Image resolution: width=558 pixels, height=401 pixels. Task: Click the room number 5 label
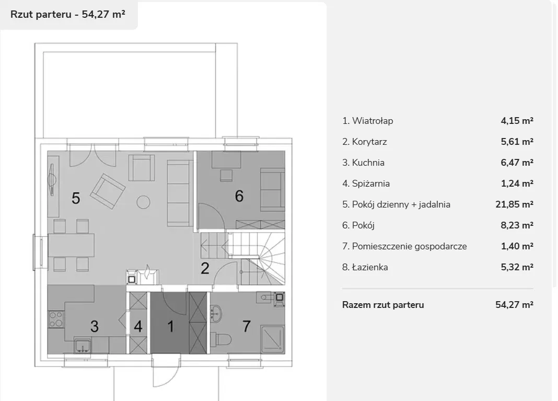pyautogui.click(x=76, y=198)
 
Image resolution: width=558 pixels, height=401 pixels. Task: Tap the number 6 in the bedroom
pyautogui.click(x=239, y=196)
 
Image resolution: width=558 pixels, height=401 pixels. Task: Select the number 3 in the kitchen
pyautogui.click(x=94, y=326)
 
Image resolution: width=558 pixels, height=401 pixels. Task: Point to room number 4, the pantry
pyautogui.click(x=138, y=326)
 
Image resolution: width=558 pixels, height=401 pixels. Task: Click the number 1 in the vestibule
pyautogui.click(x=170, y=326)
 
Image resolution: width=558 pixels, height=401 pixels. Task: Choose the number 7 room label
pyautogui.click(x=247, y=326)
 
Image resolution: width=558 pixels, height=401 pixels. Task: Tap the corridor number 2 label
pyautogui.click(x=205, y=269)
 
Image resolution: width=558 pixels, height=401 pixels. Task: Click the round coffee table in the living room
pyautogui.click(x=143, y=202)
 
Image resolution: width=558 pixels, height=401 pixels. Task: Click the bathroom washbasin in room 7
pyautogui.click(x=216, y=313)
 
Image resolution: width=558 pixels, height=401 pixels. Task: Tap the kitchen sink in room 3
pyautogui.click(x=83, y=346)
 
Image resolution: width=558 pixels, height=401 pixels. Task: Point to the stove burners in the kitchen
pyautogui.click(x=56, y=319)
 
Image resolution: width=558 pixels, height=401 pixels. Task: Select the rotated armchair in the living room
pyautogui.click(x=108, y=191)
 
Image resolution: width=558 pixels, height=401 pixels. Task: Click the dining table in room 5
pyautogui.click(x=71, y=245)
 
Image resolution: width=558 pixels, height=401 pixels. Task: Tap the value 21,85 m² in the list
pyautogui.click(x=514, y=204)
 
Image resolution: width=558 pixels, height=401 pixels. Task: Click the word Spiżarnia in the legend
pyautogui.click(x=371, y=184)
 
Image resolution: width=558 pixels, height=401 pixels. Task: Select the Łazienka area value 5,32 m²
pyautogui.click(x=517, y=267)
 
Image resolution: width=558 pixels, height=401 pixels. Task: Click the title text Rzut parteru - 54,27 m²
pyautogui.click(x=67, y=14)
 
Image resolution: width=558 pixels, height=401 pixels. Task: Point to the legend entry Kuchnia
pyautogui.click(x=363, y=163)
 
